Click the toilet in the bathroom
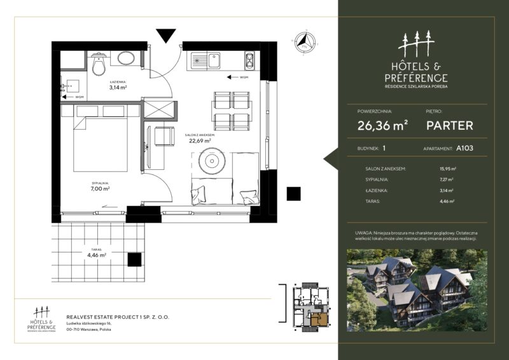coord(99,65)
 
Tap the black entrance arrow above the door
coord(165,36)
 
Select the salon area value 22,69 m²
coord(200,141)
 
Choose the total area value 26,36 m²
coord(382,125)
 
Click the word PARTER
coord(450,125)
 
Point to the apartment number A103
coord(464,148)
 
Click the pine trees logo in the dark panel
coord(416,43)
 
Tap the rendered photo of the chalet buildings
coord(417,289)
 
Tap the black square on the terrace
coord(134,259)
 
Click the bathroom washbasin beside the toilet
coord(126,59)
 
